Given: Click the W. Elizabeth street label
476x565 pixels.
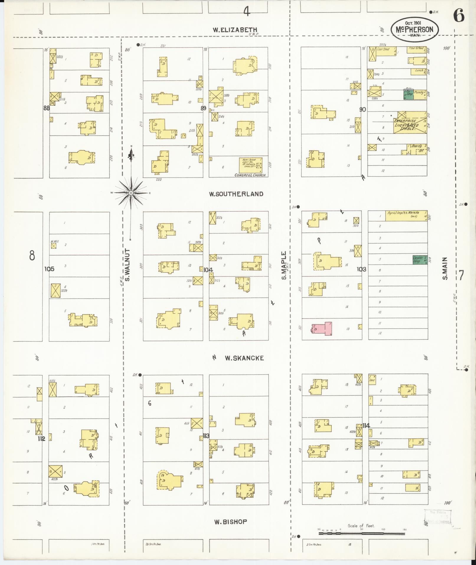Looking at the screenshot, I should coord(235,30).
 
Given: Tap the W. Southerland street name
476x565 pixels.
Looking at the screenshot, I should coord(236,194).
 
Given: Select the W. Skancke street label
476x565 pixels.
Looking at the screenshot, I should coord(244,358).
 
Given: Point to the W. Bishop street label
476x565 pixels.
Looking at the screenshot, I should coord(231,522).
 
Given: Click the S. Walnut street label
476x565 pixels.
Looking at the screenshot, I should coord(127,265).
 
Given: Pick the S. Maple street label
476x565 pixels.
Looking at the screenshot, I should coord(284,265).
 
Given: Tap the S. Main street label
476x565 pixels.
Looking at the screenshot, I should coord(445,268).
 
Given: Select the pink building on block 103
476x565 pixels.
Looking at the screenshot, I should coord(322,329).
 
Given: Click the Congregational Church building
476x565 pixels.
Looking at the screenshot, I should coord(250,165).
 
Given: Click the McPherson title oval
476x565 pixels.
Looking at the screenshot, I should coord(415,29).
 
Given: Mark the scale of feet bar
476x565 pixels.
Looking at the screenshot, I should coord(362,533).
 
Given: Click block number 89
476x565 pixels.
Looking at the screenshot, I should coord(203,108).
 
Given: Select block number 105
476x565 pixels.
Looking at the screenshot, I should coord(49,269).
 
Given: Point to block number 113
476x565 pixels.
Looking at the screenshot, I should coord(206,436).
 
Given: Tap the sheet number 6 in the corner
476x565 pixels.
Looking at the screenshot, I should coord(459,15).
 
